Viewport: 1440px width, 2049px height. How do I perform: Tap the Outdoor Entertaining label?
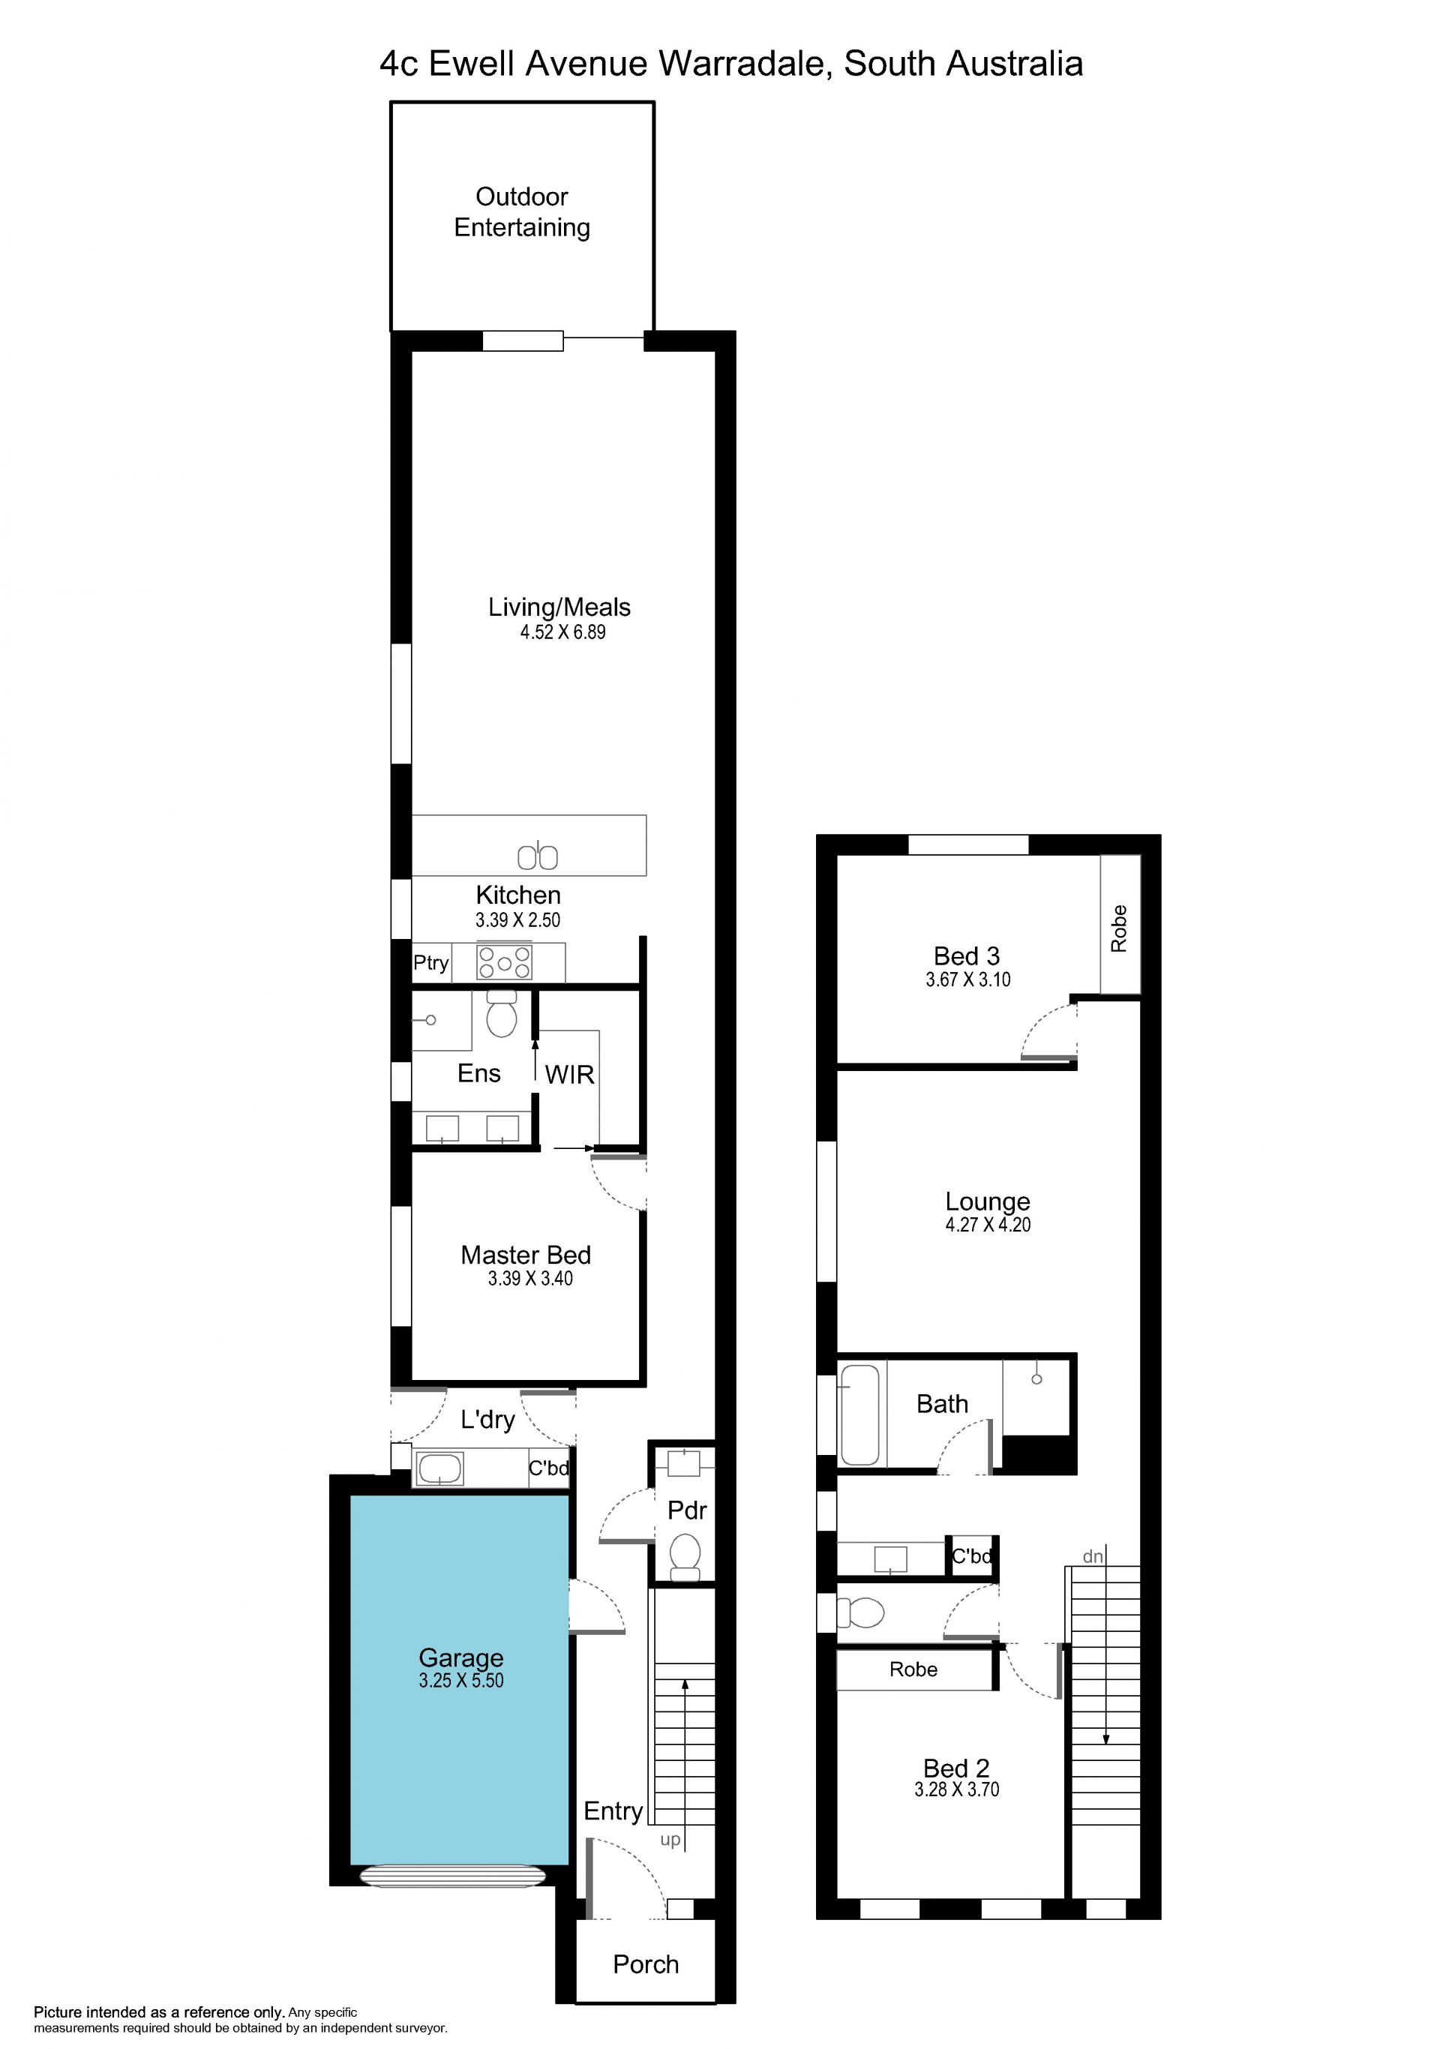click(x=522, y=211)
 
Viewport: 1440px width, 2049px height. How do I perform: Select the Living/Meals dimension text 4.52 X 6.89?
click(x=563, y=631)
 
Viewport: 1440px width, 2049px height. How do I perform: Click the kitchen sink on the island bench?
click(x=538, y=856)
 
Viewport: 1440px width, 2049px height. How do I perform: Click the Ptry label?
click(x=431, y=963)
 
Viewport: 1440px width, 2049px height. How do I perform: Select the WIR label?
click(x=569, y=1075)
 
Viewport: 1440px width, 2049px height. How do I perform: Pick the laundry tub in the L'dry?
click(x=439, y=1468)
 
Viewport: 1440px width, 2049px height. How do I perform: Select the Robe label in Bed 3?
click(x=1119, y=928)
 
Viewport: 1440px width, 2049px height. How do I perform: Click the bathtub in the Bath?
click(x=860, y=1414)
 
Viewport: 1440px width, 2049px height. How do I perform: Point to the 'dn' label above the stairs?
click(x=1093, y=1556)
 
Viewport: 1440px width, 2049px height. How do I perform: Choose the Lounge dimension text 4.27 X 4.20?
click(x=988, y=1225)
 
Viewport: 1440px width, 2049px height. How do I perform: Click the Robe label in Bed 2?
click(x=913, y=1669)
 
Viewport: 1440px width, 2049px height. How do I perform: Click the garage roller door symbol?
click(x=452, y=1876)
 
